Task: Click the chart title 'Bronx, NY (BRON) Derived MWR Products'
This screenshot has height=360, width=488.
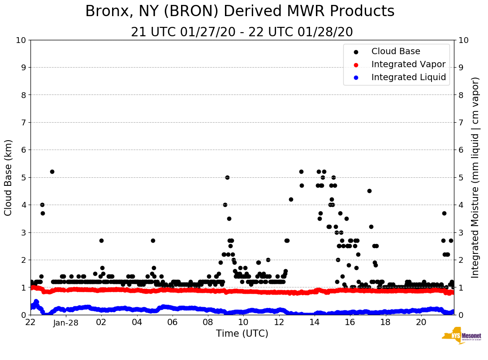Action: tap(240, 12)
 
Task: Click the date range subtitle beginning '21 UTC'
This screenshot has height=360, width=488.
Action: tap(242, 32)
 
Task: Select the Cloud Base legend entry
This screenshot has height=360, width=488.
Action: tap(396, 51)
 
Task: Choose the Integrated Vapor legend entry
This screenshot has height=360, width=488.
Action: tap(408, 64)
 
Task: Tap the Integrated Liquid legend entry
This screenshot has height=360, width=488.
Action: tap(409, 77)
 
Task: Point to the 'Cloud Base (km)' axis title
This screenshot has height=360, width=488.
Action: tap(9, 177)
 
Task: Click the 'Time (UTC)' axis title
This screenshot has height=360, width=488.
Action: tap(242, 334)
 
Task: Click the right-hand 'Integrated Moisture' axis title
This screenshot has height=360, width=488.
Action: tap(475, 177)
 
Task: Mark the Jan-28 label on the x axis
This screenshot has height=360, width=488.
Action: tap(66, 322)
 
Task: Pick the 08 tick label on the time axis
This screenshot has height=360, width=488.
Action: tap(208, 322)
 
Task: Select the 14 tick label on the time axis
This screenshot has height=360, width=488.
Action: tap(315, 322)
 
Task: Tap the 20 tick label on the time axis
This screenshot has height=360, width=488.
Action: tap(421, 322)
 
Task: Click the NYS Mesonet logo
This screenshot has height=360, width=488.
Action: tap(461, 335)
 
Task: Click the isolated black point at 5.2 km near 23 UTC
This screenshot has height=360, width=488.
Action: tap(52, 171)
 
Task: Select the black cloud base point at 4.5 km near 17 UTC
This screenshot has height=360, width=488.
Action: tap(369, 191)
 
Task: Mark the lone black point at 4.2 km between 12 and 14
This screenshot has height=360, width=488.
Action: tap(291, 199)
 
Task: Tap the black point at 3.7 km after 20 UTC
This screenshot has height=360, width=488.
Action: tap(444, 213)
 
